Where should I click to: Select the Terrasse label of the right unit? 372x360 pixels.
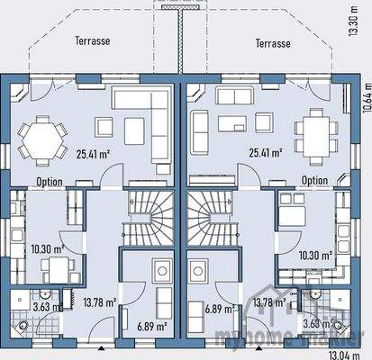tap(272, 42)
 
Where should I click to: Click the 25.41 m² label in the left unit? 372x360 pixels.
tap(93, 154)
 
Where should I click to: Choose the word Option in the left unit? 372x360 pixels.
tap(50, 182)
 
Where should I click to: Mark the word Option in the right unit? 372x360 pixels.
tap(314, 180)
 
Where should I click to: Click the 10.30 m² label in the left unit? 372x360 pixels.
tap(47, 248)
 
